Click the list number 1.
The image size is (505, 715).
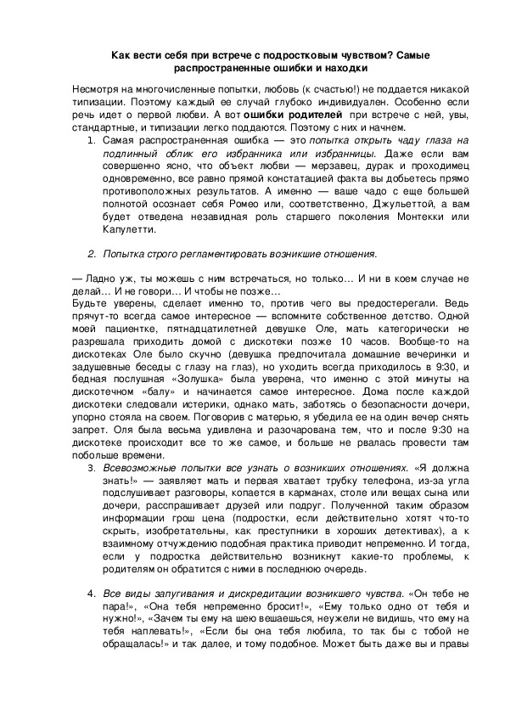91,138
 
